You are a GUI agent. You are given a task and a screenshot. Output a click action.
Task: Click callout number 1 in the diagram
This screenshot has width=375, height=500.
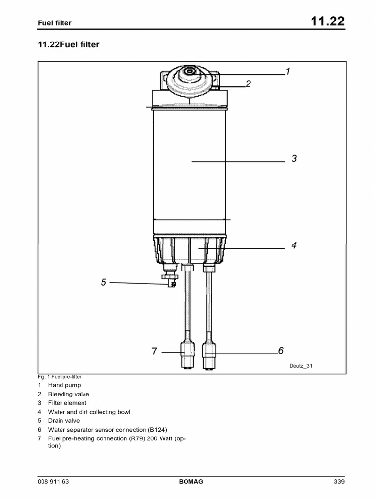click(x=288, y=72)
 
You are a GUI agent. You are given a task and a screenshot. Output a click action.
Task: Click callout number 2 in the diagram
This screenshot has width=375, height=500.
click(x=248, y=83)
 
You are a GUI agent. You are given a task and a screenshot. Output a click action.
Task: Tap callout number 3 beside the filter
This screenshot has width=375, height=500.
click(x=294, y=158)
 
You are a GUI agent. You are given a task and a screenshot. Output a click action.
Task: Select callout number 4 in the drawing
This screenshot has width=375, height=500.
click(x=294, y=245)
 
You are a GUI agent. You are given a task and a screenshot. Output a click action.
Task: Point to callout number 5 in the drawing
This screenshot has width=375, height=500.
click(x=104, y=282)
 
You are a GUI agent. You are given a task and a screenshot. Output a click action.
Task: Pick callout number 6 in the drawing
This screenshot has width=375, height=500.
click(x=281, y=350)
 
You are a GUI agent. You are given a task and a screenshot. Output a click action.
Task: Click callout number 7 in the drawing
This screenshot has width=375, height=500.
click(x=154, y=351)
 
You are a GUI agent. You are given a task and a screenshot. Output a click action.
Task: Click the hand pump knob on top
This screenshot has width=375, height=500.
click(x=188, y=74)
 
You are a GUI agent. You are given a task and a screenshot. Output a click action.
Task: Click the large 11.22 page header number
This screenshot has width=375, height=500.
click(x=327, y=22)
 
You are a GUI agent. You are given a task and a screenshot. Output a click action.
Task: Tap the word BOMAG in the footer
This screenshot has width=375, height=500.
click(x=191, y=482)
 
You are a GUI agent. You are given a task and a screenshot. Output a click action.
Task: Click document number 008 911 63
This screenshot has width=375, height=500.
click(x=53, y=482)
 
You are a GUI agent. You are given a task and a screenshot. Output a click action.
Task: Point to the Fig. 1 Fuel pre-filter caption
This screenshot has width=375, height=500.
click(x=59, y=377)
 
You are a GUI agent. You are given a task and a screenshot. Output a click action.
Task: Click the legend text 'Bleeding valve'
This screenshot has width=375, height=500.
click(x=68, y=394)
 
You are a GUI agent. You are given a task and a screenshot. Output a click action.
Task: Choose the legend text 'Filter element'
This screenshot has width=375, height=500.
click(x=67, y=403)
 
